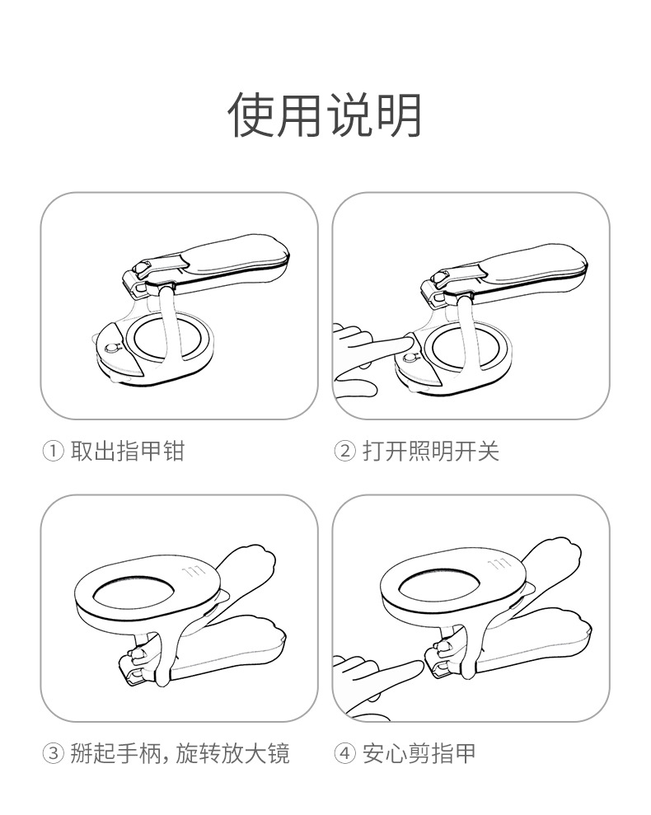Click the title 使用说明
[325, 115]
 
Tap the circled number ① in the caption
[53, 451]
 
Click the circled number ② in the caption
[344, 451]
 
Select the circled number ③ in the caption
[53, 753]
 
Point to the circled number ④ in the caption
[344, 753]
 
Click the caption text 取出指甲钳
[128, 451]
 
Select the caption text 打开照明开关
[431, 451]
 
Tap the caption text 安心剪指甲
[419, 753]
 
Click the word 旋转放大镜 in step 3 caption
[232, 753]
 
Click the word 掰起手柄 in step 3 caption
[116, 753]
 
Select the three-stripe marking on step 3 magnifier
[194, 572]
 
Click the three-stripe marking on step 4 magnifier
[499, 564]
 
